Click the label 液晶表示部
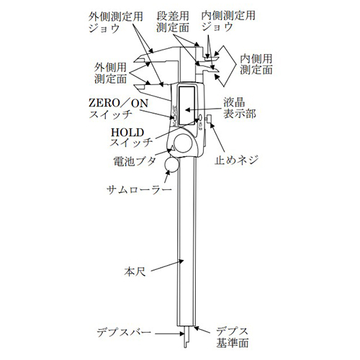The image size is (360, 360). tap(240, 108)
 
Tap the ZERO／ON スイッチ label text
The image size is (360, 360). tap(118, 109)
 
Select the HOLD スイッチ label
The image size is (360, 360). tap(131, 138)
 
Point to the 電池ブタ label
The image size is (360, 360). tap(135, 161)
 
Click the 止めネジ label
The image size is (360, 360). tap(236, 159)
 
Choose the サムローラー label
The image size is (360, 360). tap(139, 190)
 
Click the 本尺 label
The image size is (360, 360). tap(135, 272)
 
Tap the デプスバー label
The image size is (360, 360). tap(124, 333)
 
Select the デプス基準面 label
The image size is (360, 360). tap(232, 337)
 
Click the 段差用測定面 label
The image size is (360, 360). tap(173, 22)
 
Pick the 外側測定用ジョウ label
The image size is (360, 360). tap(116, 22)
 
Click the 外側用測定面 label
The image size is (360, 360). tap(110, 73)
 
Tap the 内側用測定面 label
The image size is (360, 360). tap(256, 64)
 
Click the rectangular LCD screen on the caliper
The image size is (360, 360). tap(186, 106)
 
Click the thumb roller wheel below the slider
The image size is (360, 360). tap(171, 164)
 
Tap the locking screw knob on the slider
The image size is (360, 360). tap(210, 119)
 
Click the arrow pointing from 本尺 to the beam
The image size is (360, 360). tap(167, 266)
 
